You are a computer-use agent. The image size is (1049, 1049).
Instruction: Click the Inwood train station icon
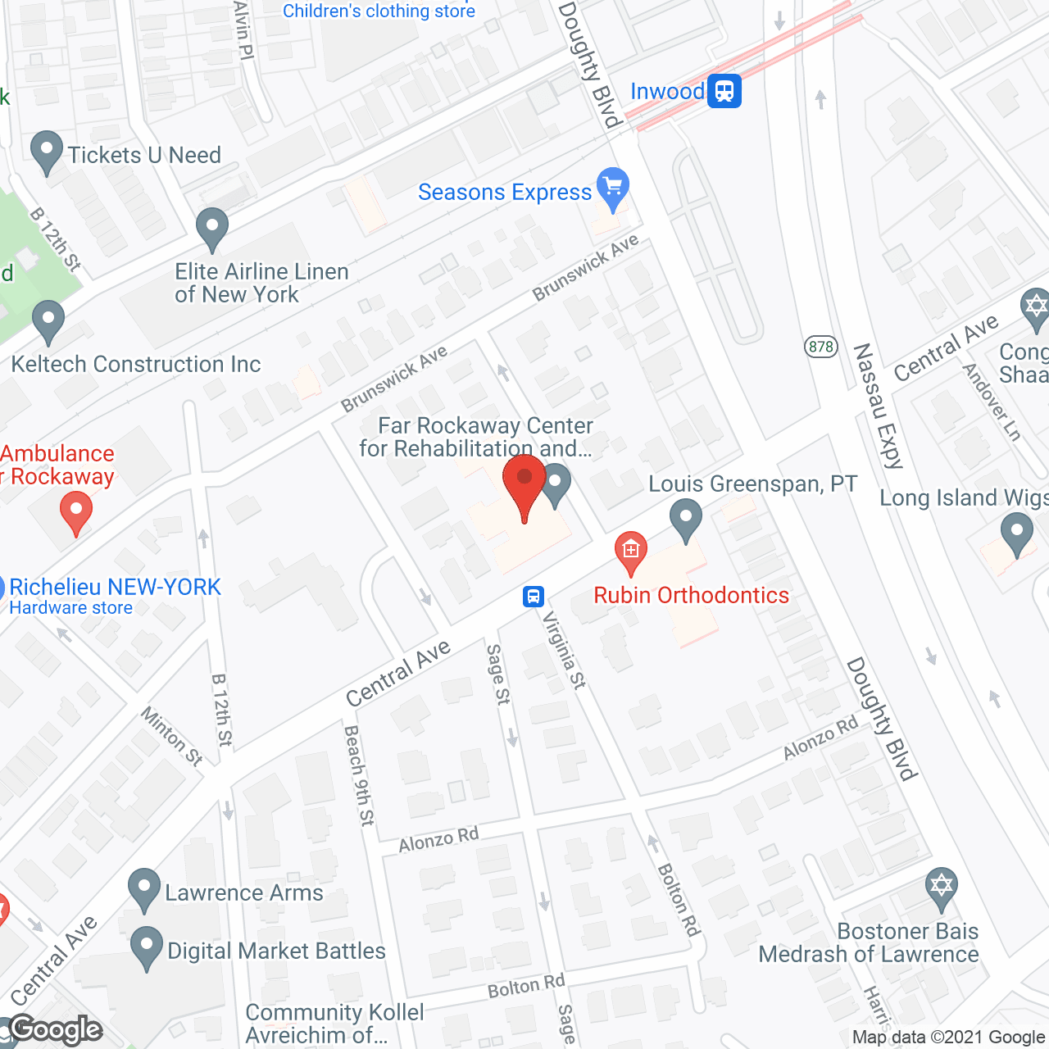(724, 91)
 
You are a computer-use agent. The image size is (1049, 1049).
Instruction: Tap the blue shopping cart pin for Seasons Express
(613, 188)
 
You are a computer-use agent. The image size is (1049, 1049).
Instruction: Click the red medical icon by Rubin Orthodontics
(631, 552)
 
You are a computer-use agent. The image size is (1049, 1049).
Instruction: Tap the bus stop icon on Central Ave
(534, 596)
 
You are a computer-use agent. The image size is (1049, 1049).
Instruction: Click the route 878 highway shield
(820, 347)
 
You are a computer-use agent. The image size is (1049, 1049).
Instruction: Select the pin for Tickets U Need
(47, 152)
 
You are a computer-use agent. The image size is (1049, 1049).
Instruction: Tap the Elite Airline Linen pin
(212, 229)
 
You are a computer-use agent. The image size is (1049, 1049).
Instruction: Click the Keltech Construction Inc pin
(48, 321)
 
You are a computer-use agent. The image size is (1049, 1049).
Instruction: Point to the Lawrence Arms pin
(144, 890)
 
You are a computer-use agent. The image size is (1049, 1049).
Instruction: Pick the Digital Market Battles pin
(147, 948)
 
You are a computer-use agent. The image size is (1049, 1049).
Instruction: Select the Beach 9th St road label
(359, 774)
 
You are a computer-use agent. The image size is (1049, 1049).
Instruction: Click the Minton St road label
(171, 736)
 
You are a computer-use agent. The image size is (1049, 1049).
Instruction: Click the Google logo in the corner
(56, 1029)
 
